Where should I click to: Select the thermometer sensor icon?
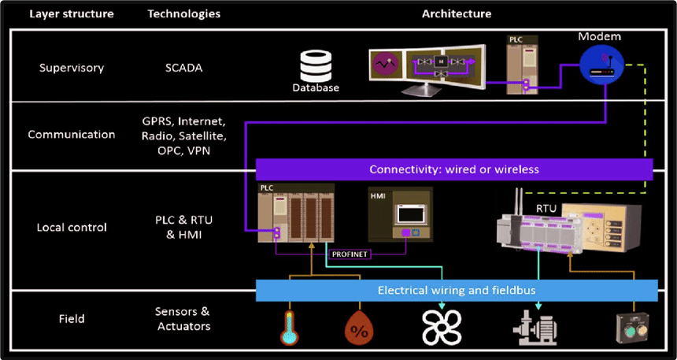tap(290, 325)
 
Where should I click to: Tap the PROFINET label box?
tap(348, 254)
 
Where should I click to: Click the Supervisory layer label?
tap(72, 68)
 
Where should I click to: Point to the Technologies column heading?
tap(183, 13)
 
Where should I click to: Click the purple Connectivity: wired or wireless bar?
tap(454, 169)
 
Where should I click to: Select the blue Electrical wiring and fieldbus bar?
tap(457, 290)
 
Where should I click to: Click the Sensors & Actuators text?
tap(183, 319)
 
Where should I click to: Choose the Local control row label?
tap(72, 228)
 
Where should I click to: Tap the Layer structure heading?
tap(71, 13)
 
